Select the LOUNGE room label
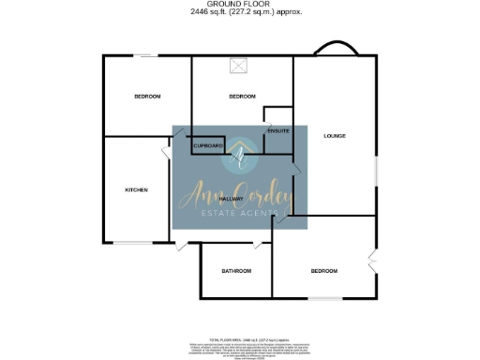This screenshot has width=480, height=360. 335,136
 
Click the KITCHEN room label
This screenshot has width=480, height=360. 136,189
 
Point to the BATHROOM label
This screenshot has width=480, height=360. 236,271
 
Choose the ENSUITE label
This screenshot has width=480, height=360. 278,130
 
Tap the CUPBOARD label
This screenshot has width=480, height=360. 207,146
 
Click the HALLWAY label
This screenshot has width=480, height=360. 231,199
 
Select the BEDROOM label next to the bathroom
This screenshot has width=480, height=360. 323,271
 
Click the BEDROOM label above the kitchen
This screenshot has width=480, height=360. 147,97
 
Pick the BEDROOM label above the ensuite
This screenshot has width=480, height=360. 242,97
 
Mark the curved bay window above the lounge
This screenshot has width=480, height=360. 335,50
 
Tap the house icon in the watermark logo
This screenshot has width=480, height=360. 240,157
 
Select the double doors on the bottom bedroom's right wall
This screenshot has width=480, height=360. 373,262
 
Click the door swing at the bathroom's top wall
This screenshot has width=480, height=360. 257,244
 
